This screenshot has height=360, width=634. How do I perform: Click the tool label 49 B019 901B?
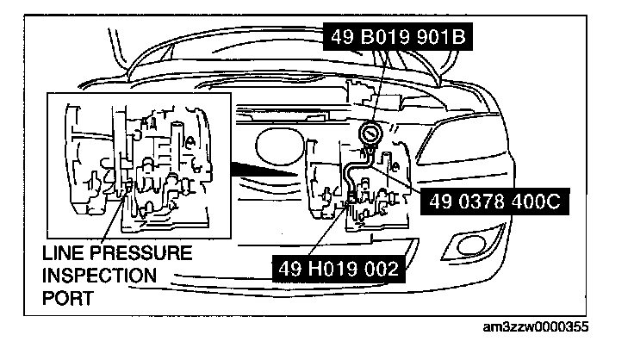(394, 39)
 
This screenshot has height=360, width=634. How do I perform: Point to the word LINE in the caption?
(60, 254)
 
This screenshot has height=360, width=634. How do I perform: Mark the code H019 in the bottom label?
(336, 268)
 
